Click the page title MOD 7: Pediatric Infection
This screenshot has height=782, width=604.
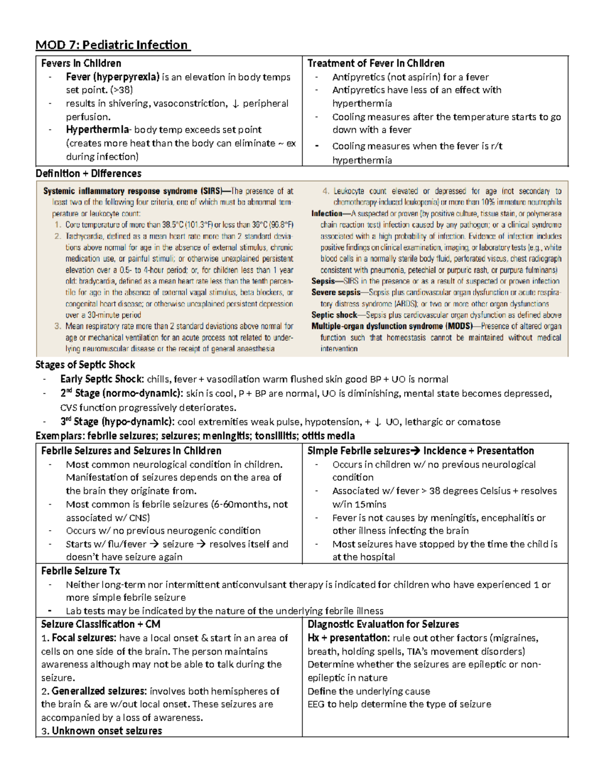tap(112, 45)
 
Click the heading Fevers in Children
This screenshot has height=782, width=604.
tap(81, 63)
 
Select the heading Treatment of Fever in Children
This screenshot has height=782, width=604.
tap(375, 63)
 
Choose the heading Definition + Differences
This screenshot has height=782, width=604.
tap(88, 173)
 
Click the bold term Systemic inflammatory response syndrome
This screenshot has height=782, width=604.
tap(121, 191)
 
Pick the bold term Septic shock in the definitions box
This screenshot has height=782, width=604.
tap(334, 315)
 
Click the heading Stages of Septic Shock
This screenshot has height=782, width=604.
tap(85, 365)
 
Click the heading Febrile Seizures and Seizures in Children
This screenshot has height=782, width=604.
tap(131, 451)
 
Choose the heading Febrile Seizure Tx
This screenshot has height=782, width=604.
tap(81, 571)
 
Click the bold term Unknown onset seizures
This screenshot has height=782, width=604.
tap(107, 731)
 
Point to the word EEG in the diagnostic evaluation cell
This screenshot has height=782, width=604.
tap(316, 704)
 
